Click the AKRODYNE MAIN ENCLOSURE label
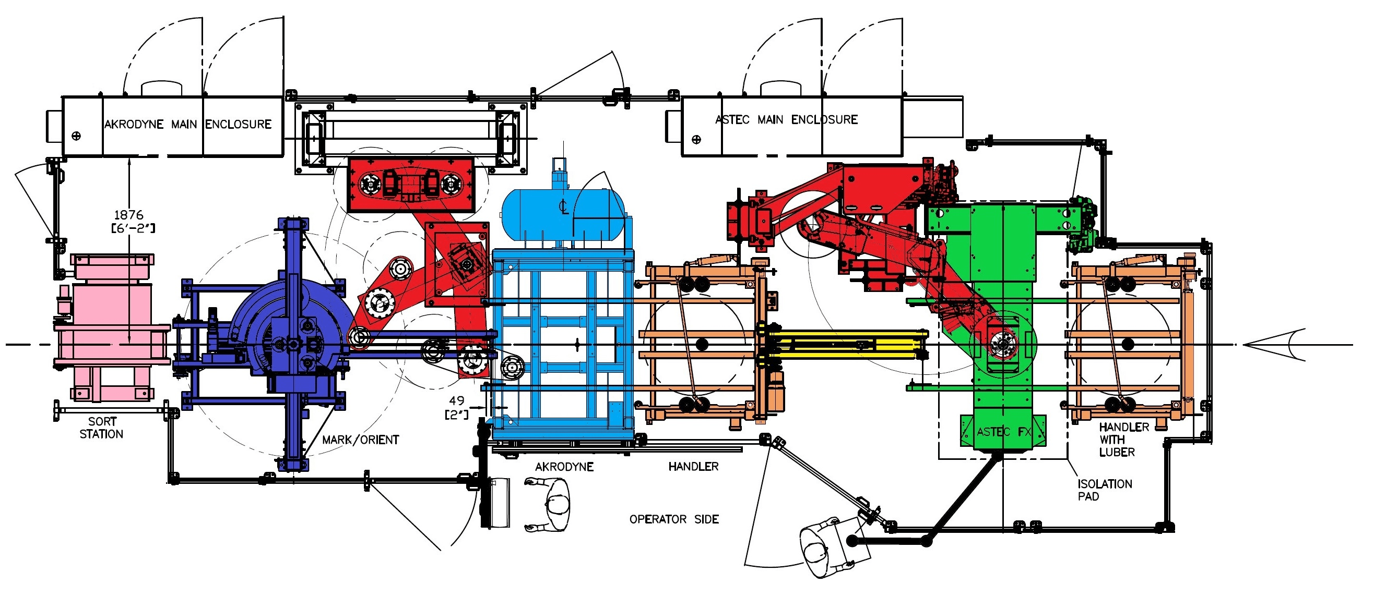188,124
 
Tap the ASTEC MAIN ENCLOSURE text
786,120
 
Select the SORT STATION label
101,428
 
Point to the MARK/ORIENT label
361,440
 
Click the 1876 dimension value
128,215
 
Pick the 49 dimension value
457,400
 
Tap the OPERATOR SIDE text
673,519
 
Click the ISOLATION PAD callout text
1105,490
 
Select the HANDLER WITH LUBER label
1124,440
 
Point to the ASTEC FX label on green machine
1003,432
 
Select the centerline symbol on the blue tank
564,206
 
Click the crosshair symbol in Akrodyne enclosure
76,136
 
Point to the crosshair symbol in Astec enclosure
696,140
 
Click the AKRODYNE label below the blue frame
564,467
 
